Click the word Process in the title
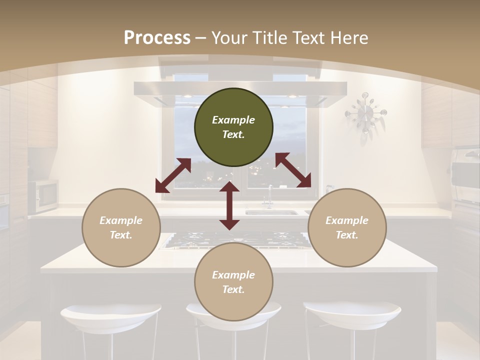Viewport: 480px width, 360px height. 157,38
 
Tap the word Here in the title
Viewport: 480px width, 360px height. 348,38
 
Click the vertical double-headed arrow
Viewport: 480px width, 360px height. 229,205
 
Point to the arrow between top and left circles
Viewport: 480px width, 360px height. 173,175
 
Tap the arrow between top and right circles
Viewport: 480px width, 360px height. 293,170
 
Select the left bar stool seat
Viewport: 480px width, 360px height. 110,315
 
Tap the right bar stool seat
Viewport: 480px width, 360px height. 352,312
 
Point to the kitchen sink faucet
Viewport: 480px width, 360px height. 269,195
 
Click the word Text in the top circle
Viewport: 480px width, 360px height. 233,134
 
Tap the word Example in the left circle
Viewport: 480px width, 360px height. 121,220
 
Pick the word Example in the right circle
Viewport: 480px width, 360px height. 347,220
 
